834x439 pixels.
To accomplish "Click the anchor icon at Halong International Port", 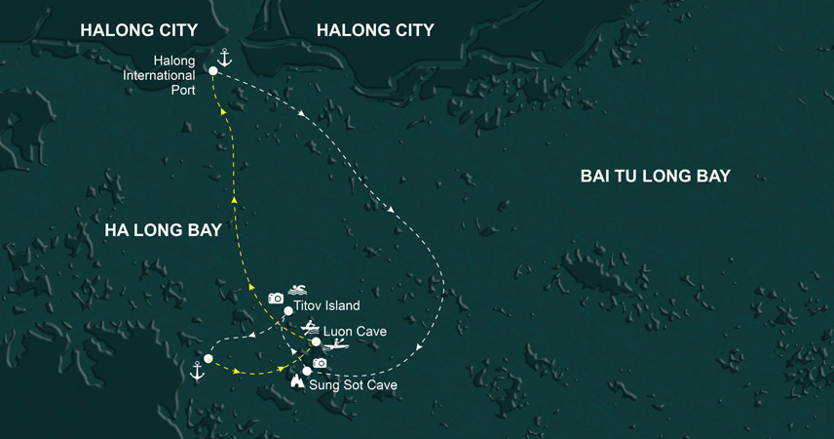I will coord(224,58).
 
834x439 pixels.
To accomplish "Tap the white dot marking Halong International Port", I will coord(213,71).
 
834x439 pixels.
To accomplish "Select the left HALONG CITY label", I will coord(138,31).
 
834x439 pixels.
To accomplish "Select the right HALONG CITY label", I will coord(375,31).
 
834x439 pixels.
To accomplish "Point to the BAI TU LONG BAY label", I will coord(655,177).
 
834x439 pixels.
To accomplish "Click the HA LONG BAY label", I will coord(163,231).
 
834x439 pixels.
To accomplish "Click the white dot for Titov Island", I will coord(288,311).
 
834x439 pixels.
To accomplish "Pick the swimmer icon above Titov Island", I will coord(298,290).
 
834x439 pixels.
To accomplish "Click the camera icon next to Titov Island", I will coord(276,298).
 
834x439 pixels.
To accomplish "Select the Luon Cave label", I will coord(355,332).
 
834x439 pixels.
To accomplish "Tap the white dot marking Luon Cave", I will coord(316,342).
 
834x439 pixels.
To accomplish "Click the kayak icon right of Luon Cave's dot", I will coord(336,344).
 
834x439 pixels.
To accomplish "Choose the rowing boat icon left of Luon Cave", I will coord(310,328).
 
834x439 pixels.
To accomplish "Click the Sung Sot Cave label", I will coord(353,385).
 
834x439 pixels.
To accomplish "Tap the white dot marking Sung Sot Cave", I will coord(307,371).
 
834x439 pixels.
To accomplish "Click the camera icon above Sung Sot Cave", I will coord(319,363).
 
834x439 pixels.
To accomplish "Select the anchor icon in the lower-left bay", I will coord(197,372).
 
